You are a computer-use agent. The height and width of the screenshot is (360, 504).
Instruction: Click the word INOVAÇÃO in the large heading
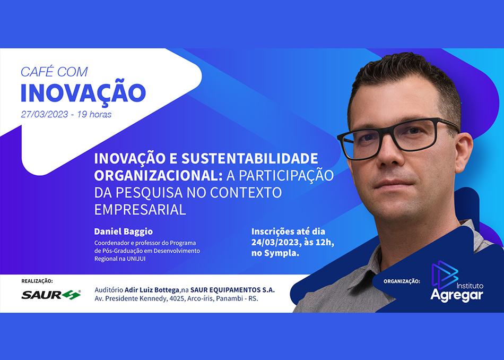coord(83,92)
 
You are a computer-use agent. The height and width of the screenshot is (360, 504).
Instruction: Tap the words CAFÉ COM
coord(54,72)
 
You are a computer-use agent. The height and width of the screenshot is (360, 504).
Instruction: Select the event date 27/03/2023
coord(45,114)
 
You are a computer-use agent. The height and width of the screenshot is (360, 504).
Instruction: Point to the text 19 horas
coord(94,114)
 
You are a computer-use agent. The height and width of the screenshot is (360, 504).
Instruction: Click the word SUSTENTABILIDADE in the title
coord(250,158)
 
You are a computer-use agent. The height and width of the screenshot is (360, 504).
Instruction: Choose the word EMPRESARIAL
coord(140,209)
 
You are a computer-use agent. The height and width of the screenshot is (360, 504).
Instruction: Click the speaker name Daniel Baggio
coord(124,232)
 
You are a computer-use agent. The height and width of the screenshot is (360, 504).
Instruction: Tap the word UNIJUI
coord(136,259)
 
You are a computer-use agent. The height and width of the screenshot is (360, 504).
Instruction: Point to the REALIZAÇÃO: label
coord(37,281)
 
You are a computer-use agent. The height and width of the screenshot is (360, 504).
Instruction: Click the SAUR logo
coord(51,295)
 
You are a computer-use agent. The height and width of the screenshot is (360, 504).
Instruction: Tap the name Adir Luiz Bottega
coord(152,290)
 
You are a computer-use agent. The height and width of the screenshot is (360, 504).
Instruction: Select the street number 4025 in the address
coord(177,298)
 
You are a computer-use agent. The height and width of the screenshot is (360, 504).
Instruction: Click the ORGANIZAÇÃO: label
coord(402,281)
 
